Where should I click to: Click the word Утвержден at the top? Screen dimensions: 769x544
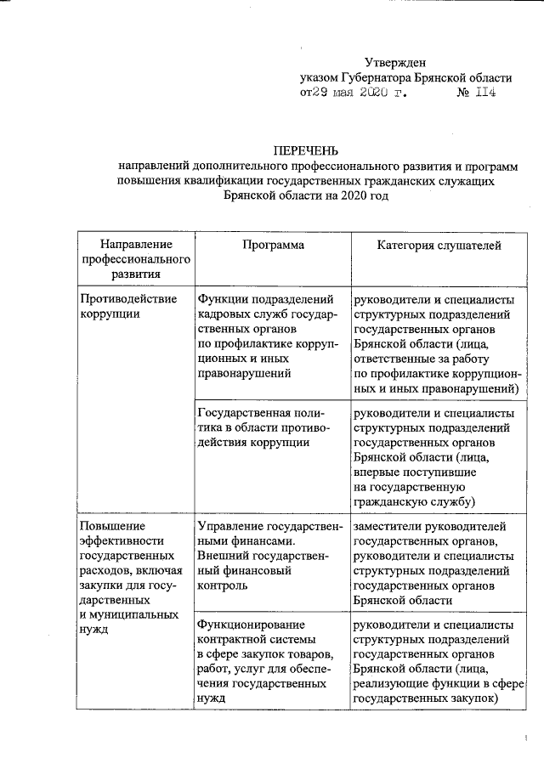click(x=395, y=61)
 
